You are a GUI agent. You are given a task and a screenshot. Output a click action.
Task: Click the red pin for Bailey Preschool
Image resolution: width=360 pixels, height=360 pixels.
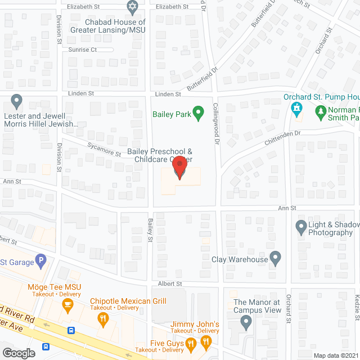coord(179,168)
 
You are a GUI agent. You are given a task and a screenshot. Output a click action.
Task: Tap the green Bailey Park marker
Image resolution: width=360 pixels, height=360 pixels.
coord(198,114)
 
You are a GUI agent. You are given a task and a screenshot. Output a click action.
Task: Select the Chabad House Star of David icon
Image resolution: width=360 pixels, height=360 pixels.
coord(133,7)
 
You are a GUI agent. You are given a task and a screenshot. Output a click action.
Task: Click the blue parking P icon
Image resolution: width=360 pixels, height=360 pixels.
coord(39,260)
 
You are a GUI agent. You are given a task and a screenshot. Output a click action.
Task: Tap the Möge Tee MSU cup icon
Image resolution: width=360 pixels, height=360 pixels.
coord(67,306)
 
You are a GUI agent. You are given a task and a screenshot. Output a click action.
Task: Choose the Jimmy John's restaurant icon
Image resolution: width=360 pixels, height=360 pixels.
coord(190,342)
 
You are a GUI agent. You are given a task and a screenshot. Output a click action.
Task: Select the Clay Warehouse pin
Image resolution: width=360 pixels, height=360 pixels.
coord(275,259)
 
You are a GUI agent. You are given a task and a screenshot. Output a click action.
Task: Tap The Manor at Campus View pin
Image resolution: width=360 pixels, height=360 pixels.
coord(246,322)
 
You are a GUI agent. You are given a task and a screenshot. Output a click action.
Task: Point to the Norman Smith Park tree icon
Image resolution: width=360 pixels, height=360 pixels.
coord(321,113)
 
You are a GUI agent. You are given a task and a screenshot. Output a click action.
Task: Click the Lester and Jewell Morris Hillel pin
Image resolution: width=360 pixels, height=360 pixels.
coord(16,102)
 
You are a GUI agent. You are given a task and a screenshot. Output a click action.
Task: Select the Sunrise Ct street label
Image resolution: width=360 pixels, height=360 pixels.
coord(83,49)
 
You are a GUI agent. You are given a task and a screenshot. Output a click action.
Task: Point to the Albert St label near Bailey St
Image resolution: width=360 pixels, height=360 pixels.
coord(170,284)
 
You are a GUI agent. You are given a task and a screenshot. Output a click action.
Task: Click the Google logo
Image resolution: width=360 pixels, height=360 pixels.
coord(19,353)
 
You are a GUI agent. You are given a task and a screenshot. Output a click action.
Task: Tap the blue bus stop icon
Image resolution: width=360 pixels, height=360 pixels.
coord(70,331)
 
